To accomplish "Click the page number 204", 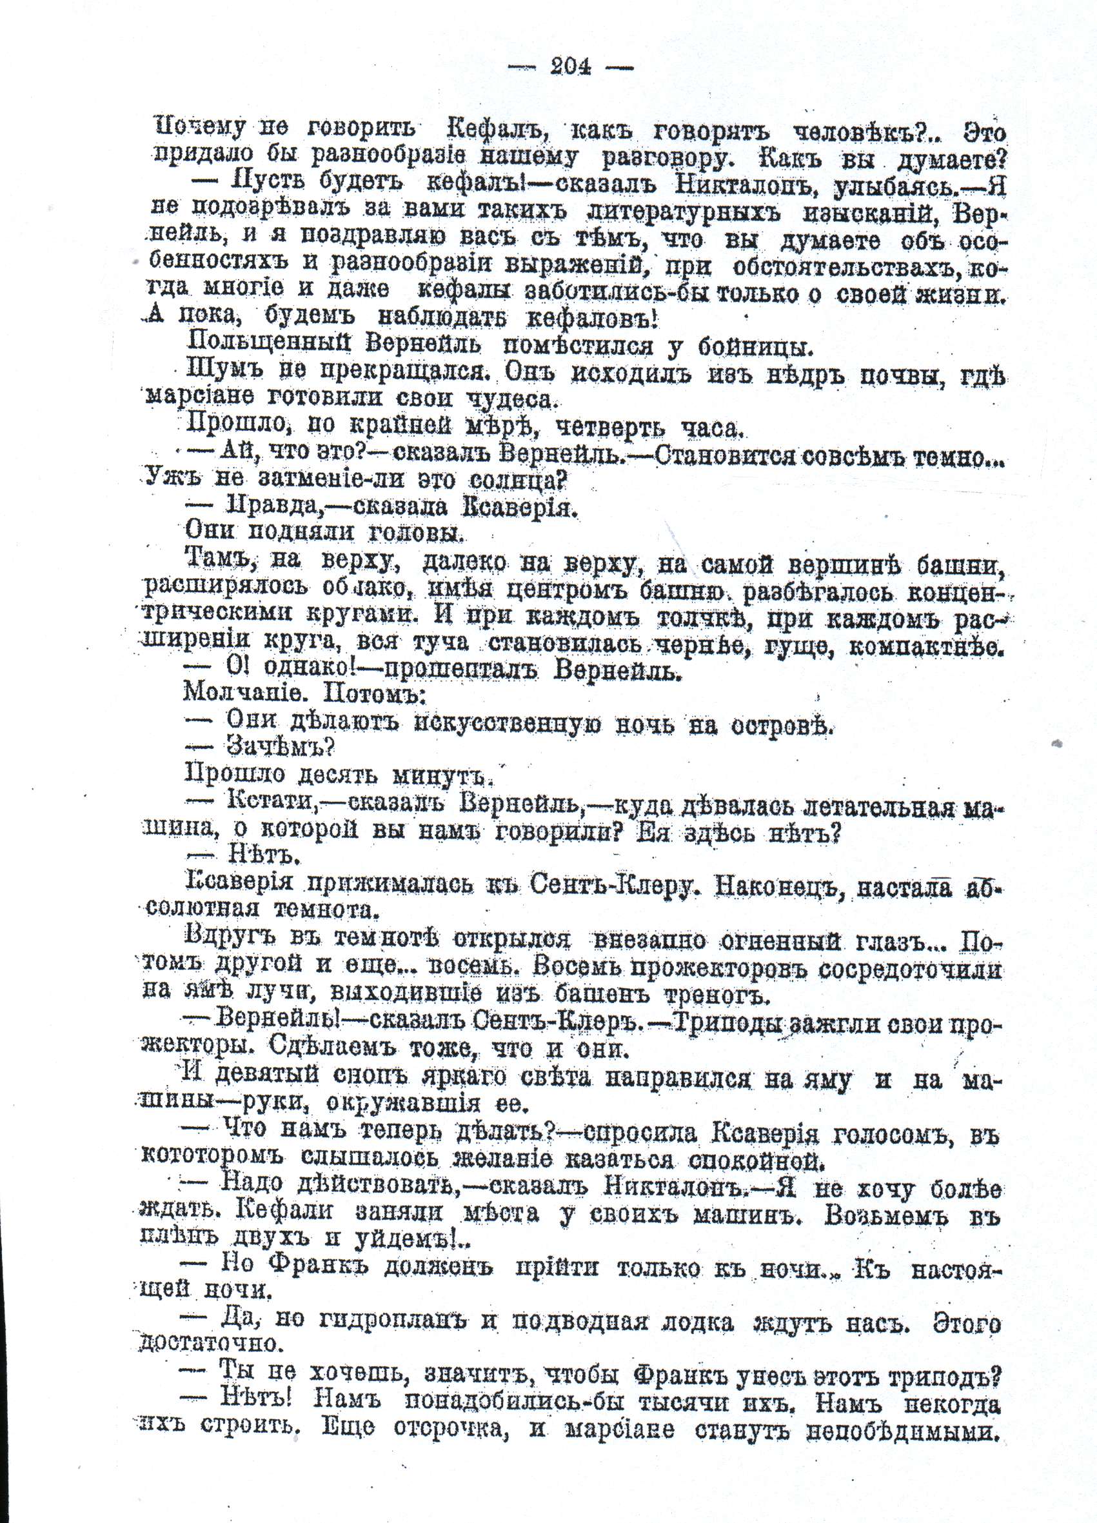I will coord(570,66).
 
